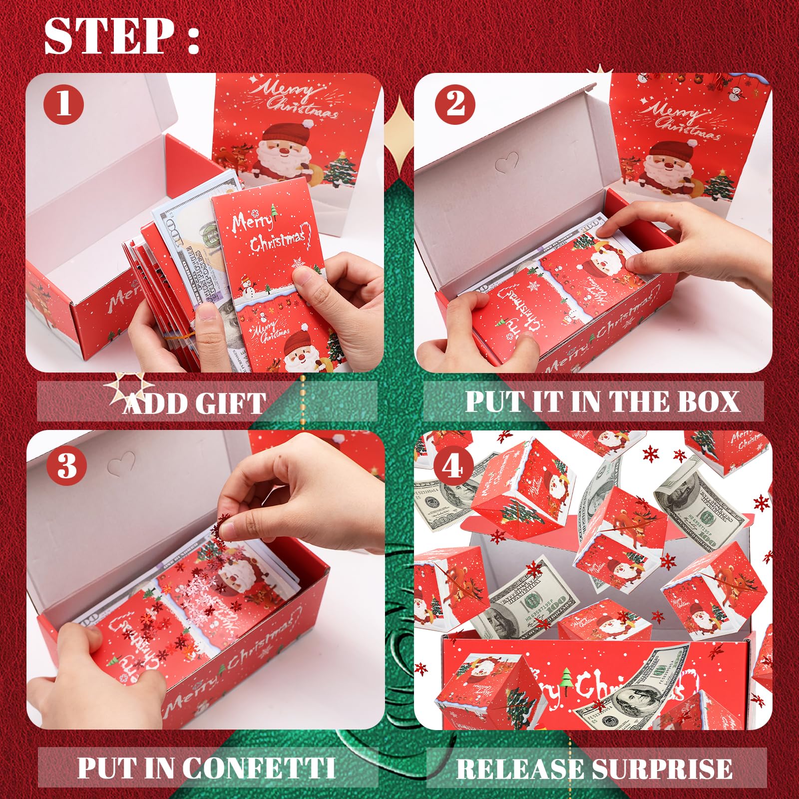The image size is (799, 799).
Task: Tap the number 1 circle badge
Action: point(63,105)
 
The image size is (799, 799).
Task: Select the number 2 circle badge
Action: point(455,105)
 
